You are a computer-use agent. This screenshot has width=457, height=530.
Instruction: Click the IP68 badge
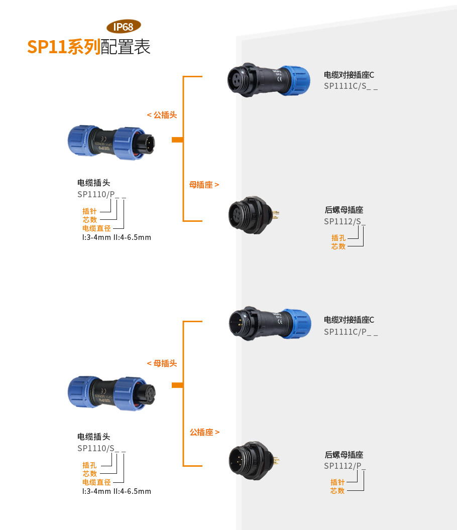[x=124, y=27]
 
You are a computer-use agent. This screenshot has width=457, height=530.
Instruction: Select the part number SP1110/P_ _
[x=101, y=195]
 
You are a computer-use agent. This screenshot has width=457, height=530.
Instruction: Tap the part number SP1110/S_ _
[x=101, y=448]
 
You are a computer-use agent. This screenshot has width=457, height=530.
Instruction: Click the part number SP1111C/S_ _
[x=351, y=86]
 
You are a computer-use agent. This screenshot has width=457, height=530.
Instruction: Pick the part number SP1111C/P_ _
[x=351, y=331]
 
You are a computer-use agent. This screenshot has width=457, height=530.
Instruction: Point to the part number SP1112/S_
[x=345, y=221]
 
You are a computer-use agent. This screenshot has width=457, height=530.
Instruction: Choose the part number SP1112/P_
[x=345, y=466]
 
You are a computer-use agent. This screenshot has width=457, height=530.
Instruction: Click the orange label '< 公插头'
[x=162, y=115]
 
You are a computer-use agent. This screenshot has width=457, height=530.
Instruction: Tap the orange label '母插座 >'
[x=204, y=185]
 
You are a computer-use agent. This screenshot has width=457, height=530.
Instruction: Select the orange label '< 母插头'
[x=162, y=363]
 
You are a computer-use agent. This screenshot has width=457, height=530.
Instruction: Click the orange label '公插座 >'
[x=204, y=432]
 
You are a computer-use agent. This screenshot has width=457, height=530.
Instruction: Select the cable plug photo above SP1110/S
[x=110, y=391]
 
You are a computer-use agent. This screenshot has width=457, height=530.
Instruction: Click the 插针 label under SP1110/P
[x=89, y=211]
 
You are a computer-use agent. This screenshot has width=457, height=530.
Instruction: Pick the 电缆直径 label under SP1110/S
[x=96, y=482]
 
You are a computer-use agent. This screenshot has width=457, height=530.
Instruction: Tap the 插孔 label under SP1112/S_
[x=338, y=238]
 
